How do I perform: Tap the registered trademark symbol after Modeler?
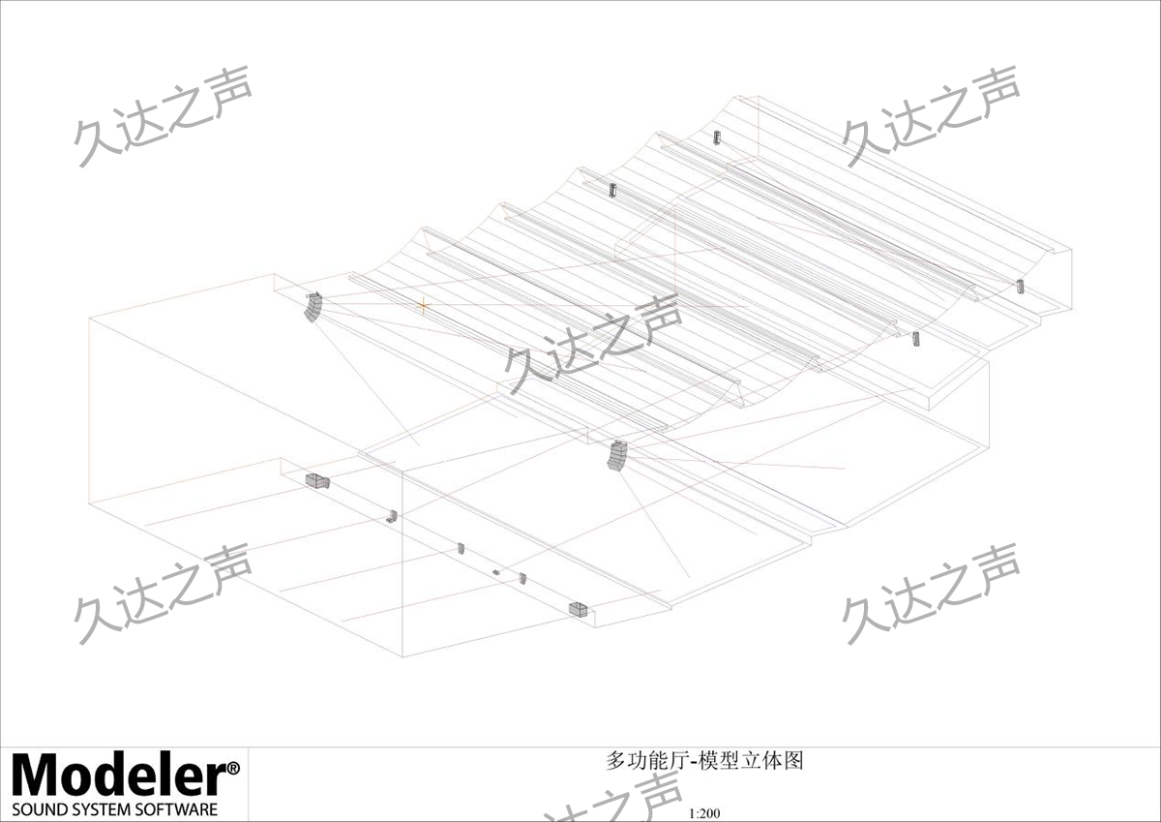[x=233, y=769]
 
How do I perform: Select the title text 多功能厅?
[x=647, y=761]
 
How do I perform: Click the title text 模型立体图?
[x=751, y=761]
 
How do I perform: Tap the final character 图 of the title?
[x=793, y=761]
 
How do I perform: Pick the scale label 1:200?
[x=704, y=813]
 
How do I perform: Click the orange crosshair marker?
[x=424, y=306]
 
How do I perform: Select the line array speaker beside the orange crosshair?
[x=313, y=307]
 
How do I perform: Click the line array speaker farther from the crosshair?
[x=617, y=456]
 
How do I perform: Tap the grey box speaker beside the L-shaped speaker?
[x=317, y=481]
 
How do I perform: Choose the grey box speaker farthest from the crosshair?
[x=579, y=609]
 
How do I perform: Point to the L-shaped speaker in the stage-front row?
[x=393, y=516]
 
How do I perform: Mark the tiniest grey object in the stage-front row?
[x=496, y=572]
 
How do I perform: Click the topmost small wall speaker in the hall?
[x=717, y=137]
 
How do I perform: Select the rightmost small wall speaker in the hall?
[x=1020, y=286]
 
